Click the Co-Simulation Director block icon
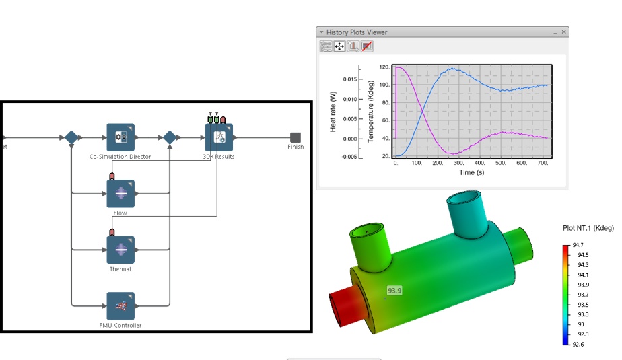tap(120, 137)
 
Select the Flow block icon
tap(120, 194)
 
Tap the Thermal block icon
tap(120, 250)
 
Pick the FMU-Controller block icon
tap(120, 306)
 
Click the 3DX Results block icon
tap(219, 137)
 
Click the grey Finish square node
tap(295, 137)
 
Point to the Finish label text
tap(296, 147)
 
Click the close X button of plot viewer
tap(564, 32)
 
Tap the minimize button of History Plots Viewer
tap(555, 32)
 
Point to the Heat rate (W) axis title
tap(333, 111)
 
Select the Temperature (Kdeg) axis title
tap(370, 111)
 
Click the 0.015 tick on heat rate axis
tap(350, 79)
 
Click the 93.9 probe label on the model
tap(394, 291)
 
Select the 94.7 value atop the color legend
tap(578, 245)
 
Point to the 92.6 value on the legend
tap(578, 344)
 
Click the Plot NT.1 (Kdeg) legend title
tap(588, 228)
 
